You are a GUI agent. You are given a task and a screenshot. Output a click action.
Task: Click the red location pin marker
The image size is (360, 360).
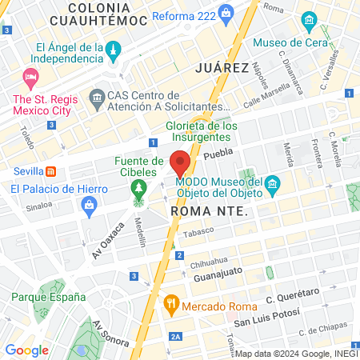pos(180,162)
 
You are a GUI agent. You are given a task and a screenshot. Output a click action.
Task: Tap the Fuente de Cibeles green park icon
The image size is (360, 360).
pos(140,188)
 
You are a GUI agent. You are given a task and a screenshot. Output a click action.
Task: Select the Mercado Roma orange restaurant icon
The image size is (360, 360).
pos(170,304)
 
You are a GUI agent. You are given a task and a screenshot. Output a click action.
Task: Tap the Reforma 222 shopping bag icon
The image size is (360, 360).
pos(226,12)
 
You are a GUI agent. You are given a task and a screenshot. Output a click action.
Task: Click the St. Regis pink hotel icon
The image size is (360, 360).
pos(31,78)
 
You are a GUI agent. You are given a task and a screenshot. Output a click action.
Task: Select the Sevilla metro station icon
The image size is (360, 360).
pos(50,171)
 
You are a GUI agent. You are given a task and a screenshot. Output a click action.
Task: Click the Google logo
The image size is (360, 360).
pos(26,350)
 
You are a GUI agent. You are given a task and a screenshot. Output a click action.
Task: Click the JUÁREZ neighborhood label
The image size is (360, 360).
pos(221,68)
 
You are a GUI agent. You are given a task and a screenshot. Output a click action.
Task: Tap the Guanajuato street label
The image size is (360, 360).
pos(220,276)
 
